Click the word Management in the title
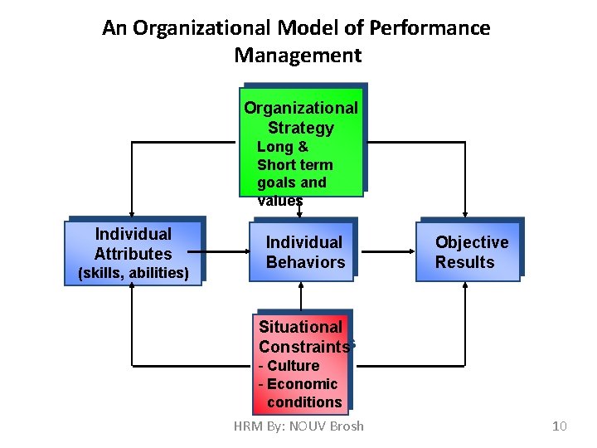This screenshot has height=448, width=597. click(298, 56)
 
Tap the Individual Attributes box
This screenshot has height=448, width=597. click(133, 252)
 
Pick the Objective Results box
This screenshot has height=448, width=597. click(469, 251)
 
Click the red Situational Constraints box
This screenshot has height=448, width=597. click(301, 362)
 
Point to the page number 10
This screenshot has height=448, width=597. click(559, 426)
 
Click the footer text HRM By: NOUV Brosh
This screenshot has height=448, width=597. click(298, 426)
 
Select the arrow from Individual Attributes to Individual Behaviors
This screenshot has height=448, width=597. click(226, 250)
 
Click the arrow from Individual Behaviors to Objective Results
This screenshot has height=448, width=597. click(386, 250)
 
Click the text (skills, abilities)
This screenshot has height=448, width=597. click(133, 273)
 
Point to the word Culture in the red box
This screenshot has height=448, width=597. click(293, 366)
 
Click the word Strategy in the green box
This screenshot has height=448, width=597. click(301, 128)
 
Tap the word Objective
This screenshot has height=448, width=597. click(472, 242)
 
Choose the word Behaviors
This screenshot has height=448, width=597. click(305, 262)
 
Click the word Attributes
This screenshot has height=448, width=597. click(133, 254)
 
